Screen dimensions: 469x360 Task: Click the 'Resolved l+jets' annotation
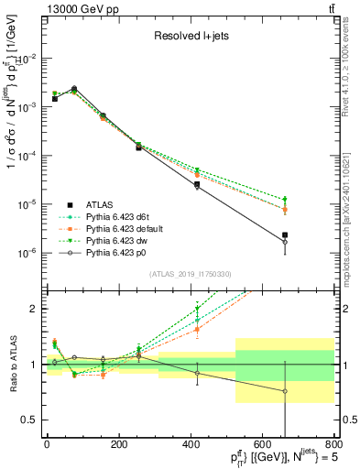click(191, 37)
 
